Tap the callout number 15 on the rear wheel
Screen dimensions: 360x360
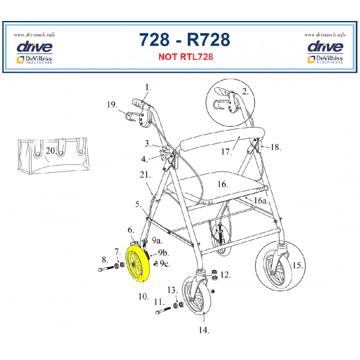(x=298, y=265)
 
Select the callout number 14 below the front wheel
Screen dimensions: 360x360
(x=203, y=329)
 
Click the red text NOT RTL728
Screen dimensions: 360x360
(x=185, y=58)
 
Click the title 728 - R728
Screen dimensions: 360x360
(x=185, y=39)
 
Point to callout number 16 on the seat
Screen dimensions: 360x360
(x=223, y=184)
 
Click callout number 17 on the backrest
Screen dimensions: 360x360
(x=226, y=152)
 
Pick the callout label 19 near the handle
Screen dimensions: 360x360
(x=111, y=104)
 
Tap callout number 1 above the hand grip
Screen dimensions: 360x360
(x=148, y=88)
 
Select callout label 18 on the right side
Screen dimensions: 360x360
(x=276, y=146)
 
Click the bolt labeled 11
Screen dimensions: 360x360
(x=164, y=311)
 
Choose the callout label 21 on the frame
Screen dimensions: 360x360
(x=145, y=175)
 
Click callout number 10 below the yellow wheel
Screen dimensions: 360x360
(x=143, y=296)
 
